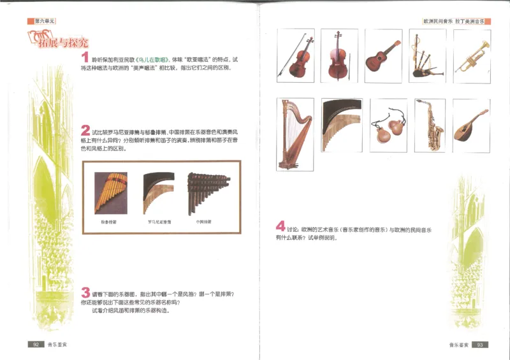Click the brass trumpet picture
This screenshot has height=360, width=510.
[472, 55]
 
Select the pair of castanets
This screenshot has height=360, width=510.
[388, 124]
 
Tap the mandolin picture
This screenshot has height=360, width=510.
[472, 124]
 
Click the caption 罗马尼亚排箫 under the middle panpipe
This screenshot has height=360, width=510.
[159, 223]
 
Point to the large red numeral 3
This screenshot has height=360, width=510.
[85, 292]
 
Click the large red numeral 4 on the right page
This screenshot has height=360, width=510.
[280, 226]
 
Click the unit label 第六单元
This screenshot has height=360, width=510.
[43, 21]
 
